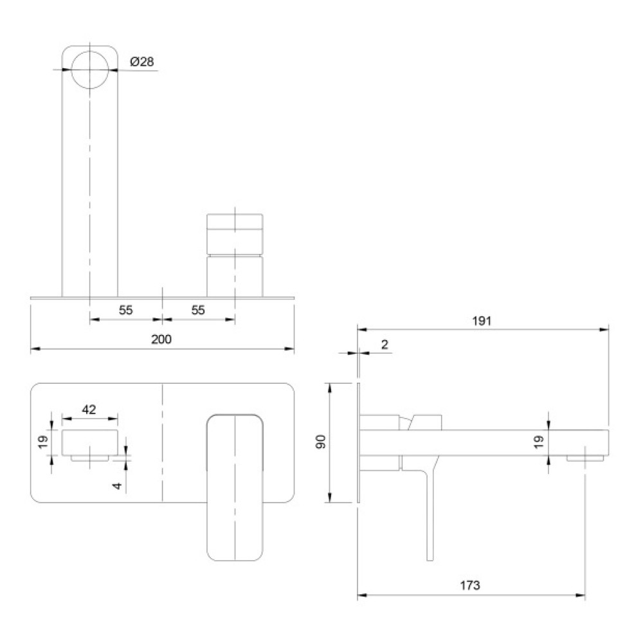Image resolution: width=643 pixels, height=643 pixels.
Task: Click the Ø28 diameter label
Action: pyautogui.click(x=142, y=62)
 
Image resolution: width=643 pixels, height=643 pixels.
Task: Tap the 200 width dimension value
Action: pyautogui.click(x=161, y=340)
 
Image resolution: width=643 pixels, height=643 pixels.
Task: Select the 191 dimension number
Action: pyautogui.click(x=482, y=321)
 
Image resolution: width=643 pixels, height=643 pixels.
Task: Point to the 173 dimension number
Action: pyautogui.click(x=470, y=585)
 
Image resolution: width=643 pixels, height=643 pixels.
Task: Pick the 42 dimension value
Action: pyautogui.click(x=89, y=409)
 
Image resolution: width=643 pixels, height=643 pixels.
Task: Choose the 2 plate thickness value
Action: pyautogui.click(x=385, y=345)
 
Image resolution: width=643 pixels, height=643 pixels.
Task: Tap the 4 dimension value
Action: pyautogui.click(x=118, y=486)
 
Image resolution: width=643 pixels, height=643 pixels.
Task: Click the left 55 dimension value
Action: pyautogui.click(x=126, y=310)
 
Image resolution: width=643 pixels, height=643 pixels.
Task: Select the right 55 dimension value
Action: pyautogui.click(x=198, y=310)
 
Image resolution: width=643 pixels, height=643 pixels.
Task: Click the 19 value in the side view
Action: pyautogui.click(x=539, y=441)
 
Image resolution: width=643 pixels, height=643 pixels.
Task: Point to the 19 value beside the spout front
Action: pyautogui.click(x=43, y=441)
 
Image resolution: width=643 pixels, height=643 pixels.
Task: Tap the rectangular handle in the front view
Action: pyautogui.click(x=235, y=487)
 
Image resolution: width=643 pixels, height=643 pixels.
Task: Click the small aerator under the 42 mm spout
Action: pyautogui.click(x=90, y=458)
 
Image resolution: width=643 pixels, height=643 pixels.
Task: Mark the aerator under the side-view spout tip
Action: pyautogui.click(x=585, y=458)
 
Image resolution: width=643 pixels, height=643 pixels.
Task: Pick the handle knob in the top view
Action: pyautogui.click(x=235, y=234)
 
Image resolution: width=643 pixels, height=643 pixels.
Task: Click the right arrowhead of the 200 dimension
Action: pyautogui.click(x=290, y=349)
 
